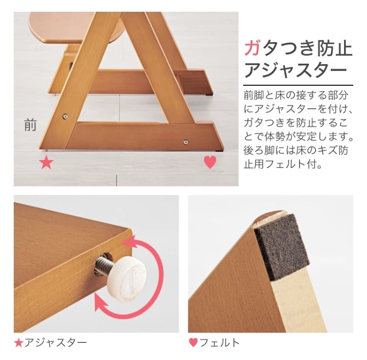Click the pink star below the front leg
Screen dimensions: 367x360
coord(46,163)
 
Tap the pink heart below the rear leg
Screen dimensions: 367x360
coord(210,162)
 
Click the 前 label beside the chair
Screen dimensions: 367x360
coord(30,125)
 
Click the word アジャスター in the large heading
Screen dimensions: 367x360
coord(295,70)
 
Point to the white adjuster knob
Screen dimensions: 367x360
coord(128,276)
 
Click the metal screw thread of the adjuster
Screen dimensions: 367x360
coord(104,265)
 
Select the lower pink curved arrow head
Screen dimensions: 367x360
coord(102,303)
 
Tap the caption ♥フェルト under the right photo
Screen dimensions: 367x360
coord(214,343)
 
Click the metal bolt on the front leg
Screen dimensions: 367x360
coord(65,116)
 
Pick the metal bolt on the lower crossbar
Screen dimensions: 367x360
coord(186,142)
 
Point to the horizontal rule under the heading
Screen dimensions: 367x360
coord(298,85)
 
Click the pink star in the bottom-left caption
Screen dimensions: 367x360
coord(18,343)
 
